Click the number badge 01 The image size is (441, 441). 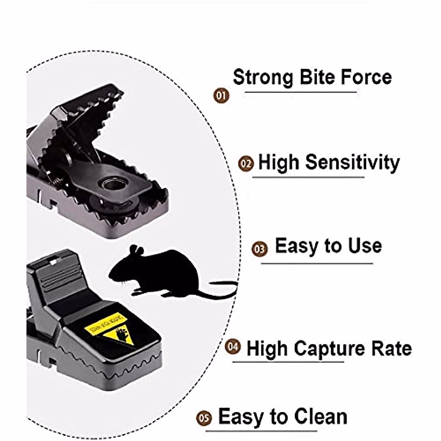point(221,96)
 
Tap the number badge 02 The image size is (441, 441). point(246,164)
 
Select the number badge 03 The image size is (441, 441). point(260,249)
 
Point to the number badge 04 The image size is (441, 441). point(233,347)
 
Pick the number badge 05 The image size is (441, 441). point(204,418)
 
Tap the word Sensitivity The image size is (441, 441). point(352,162)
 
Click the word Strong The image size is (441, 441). point(263,77)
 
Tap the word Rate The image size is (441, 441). point(392,348)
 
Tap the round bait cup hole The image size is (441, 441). point(113,183)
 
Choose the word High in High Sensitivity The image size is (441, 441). point(279,162)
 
